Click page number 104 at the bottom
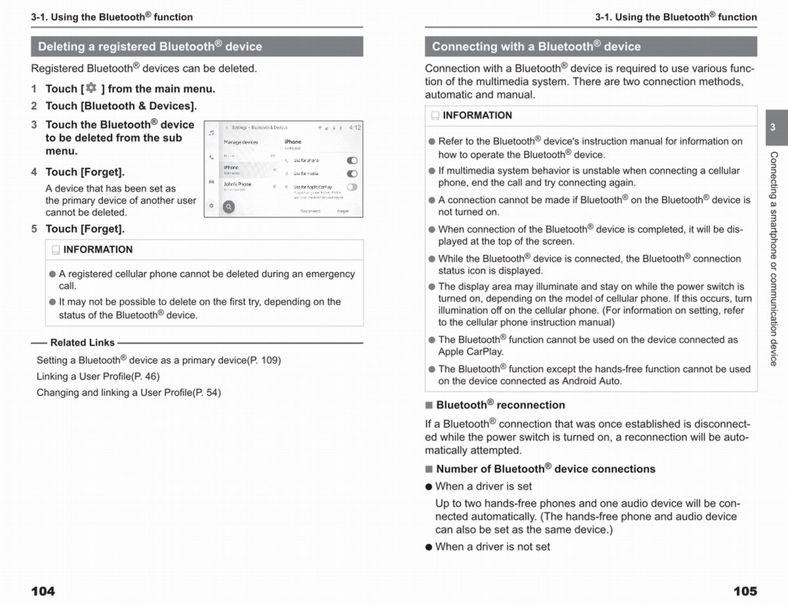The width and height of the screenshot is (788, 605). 43,591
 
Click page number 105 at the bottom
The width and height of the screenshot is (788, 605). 745,591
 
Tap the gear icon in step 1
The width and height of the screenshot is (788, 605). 91,88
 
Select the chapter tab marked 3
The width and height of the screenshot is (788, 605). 773,127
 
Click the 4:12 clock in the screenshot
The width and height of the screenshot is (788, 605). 355,127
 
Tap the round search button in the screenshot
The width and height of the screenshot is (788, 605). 229,207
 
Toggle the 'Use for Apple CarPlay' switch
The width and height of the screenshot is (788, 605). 352,187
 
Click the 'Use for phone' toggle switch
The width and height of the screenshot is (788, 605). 352,160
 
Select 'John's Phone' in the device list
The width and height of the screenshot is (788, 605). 238,185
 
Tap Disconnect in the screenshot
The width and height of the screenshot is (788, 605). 310,212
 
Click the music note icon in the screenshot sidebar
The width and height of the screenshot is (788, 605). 211,133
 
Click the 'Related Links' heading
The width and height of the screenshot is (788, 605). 82,343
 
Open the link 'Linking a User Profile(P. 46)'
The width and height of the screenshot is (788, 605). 98,376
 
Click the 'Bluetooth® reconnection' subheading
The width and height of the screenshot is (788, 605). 500,405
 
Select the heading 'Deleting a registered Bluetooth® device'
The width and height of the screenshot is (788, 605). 150,47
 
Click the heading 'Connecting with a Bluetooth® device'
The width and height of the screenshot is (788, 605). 536,47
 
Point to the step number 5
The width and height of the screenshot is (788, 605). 34,229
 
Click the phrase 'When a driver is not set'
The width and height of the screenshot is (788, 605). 492,547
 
